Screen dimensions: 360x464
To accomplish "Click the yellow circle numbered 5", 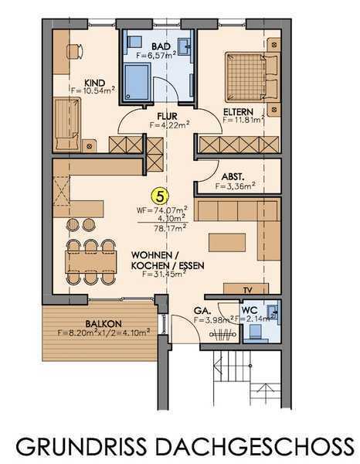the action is pos(160,196).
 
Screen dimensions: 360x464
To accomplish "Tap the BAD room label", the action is pos(161,46).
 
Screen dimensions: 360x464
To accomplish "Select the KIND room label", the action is pos(94,83).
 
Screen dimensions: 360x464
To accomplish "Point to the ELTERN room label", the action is pos(238,112).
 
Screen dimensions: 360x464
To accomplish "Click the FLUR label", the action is pos(167,116).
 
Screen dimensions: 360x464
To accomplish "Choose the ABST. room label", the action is pos(233,176).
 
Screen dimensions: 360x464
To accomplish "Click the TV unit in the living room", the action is pos(246,288).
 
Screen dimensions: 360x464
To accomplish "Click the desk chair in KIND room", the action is pos(75,52).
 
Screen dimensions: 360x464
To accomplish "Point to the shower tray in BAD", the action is pos(138,82).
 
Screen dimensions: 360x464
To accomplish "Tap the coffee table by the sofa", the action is pos(227,242).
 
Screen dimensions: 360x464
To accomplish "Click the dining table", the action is pos(91,262).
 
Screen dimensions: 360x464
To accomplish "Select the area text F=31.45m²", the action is pos(164,274).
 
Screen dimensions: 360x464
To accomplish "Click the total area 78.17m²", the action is pos(170,228).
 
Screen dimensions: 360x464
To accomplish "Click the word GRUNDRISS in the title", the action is pos(81,447).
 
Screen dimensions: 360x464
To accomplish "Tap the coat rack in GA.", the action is pos(222,335).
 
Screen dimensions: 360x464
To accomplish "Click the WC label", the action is pos(250,311).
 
